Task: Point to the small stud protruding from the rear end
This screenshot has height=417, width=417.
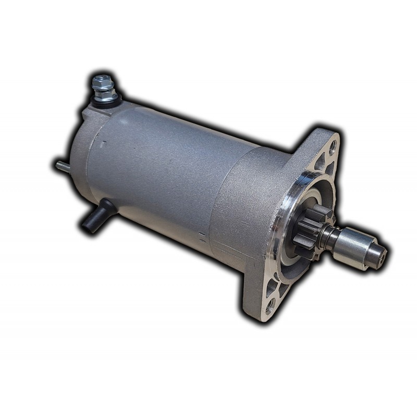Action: pyautogui.click(x=61, y=165)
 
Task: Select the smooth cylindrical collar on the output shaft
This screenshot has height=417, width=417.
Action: pyautogui.click(x=360, y=245)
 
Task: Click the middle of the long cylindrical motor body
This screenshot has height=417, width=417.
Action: pyautogui.click(x=156, y=172)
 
